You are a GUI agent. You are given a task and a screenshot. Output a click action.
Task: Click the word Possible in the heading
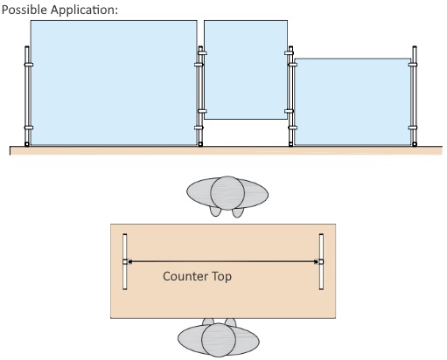coord(24,10)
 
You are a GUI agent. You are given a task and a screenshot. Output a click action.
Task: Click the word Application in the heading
coord(83,10)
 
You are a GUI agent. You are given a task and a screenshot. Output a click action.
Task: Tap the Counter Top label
coord(197,276)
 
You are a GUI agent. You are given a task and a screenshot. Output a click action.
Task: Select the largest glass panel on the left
coord(114,82)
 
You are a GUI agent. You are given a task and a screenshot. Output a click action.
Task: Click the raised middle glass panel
coord(246,70)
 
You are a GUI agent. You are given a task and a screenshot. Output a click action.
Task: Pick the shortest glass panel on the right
coord(353,101)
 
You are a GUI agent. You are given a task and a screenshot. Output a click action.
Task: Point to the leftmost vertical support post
coord(27,96)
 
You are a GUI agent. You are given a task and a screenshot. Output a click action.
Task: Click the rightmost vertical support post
coord(415,96)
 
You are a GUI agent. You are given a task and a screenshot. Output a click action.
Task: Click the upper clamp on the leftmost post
coord(29,65)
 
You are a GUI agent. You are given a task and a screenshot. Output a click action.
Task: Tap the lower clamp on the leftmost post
coord(29,128)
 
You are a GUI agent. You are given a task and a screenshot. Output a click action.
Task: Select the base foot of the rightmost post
coord(415,144)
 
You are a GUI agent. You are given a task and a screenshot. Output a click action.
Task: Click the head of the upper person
coord(227,193)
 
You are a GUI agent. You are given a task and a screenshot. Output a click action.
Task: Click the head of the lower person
coord(219,340)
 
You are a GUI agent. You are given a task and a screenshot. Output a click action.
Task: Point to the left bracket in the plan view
coord(125,261)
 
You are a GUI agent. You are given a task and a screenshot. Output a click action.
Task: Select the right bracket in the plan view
coord(321,261)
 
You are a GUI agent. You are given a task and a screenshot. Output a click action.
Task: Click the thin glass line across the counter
coord(223,261)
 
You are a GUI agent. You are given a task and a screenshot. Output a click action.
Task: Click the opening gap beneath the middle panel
coord(246,133)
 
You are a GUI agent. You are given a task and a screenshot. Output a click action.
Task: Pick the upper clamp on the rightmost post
coord(413,65)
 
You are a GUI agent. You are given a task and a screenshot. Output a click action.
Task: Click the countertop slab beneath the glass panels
coord(226,150)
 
